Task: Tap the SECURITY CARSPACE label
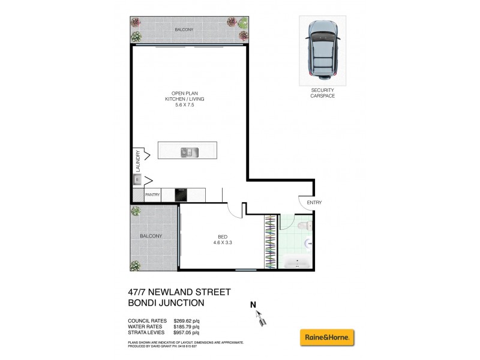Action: click(322, 93)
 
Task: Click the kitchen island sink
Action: click(187, 152)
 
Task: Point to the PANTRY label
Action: click(152, 194)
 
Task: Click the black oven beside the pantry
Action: click(182, 195)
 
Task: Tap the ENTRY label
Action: click(314, 203)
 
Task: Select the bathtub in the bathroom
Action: click(298, 263)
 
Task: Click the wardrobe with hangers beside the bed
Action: click(271, 241)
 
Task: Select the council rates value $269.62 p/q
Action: click(186, 321)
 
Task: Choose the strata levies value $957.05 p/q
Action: click(186, 332)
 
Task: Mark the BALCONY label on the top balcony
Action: click(185, 29)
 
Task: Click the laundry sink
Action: click(137, 179)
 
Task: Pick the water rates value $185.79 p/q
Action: click(186, 327)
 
